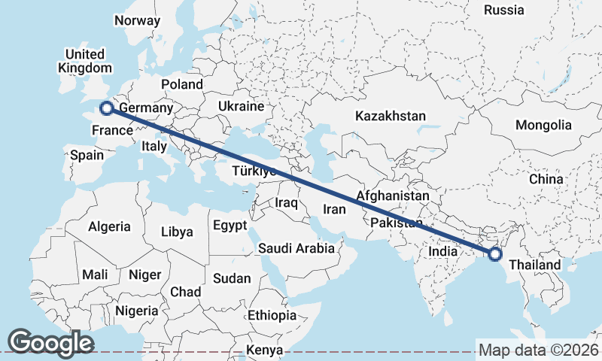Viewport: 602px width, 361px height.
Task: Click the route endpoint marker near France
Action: point(107,108)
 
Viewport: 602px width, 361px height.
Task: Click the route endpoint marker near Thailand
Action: point(494,254)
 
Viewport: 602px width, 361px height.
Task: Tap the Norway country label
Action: point(137,20)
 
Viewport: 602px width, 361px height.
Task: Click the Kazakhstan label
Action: point(391,117)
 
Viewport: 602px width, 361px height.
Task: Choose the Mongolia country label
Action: point(544,125)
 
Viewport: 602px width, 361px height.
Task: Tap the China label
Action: point(546,179)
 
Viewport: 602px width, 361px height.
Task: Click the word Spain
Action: point(87,156)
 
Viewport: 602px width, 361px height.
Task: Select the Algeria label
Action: point(109,226)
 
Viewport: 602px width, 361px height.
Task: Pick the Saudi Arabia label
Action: point(296,248)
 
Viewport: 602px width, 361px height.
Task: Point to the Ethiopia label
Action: point(272,315)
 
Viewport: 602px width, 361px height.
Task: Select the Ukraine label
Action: point(241,107)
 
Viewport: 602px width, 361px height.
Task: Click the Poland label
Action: point(181,84)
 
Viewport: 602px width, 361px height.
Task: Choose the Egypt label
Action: point(230,226)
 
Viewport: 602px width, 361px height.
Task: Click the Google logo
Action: point(51,342)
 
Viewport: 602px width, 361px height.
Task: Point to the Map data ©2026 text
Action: point(538,350)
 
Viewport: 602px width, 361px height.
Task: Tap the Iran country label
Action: point(333,209)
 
